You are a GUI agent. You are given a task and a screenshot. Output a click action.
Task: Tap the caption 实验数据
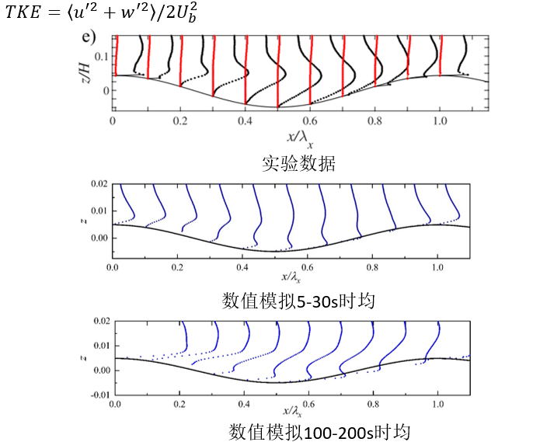[x=299, y=162]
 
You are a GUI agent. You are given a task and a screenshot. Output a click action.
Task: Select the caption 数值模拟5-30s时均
[x=298, y=300]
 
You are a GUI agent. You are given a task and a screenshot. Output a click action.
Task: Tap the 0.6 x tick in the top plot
[x=309, y=122]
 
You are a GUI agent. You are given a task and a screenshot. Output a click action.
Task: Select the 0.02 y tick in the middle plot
[x=99, y=185]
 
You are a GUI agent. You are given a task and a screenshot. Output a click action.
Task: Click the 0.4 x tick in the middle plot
[x=244, y=266]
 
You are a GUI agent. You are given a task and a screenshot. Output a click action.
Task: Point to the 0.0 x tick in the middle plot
[x=113, y=266]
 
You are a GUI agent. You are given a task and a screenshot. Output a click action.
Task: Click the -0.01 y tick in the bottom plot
[x=99, y=395]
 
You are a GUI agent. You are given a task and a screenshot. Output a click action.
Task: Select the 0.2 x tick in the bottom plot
[x=179, y=405]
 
